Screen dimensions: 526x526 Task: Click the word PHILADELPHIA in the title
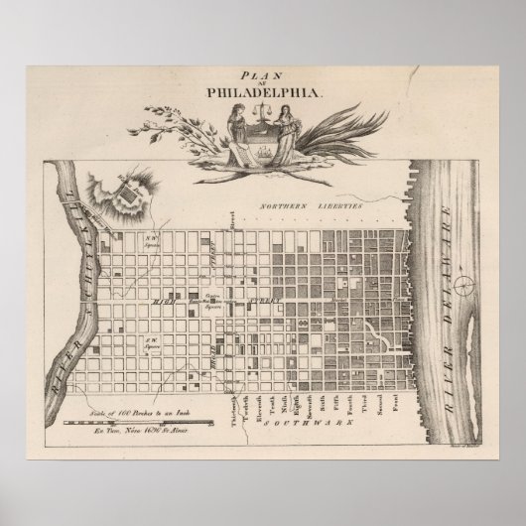coord(263,91)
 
